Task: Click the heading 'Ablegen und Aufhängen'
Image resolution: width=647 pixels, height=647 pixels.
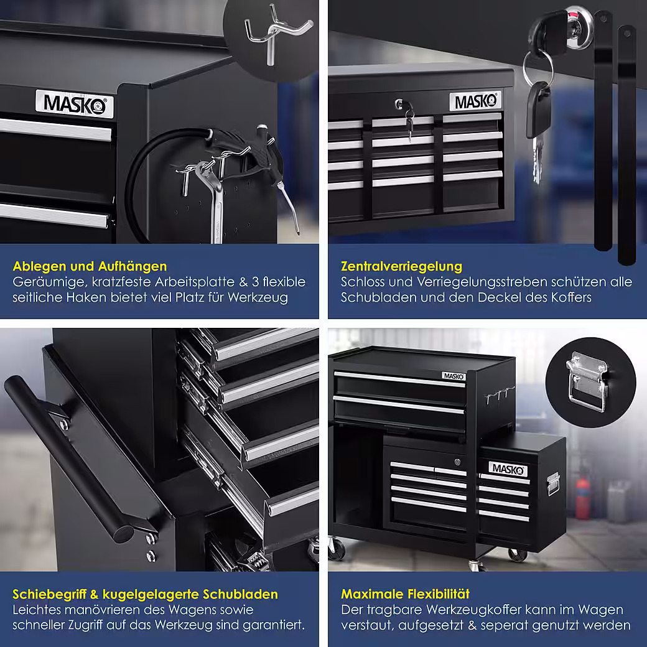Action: coord(90,266)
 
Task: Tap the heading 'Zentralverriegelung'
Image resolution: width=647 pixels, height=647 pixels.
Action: coord(401,266)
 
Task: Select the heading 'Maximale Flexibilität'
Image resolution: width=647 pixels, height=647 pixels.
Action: coord(405,593)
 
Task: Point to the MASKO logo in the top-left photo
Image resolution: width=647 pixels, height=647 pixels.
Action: coord(74,103)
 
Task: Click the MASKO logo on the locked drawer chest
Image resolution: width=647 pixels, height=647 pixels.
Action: coord(475,101)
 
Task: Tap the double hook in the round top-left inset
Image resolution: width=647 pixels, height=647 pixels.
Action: coord(276,31)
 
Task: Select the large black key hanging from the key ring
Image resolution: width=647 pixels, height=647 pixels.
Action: coord(539,109)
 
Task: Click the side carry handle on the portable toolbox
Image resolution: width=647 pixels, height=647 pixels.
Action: coord(553,483)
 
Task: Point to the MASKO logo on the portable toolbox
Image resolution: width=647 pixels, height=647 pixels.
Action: coord(508,469)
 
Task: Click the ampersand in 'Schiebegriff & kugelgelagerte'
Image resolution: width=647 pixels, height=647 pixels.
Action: coord(94,594)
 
